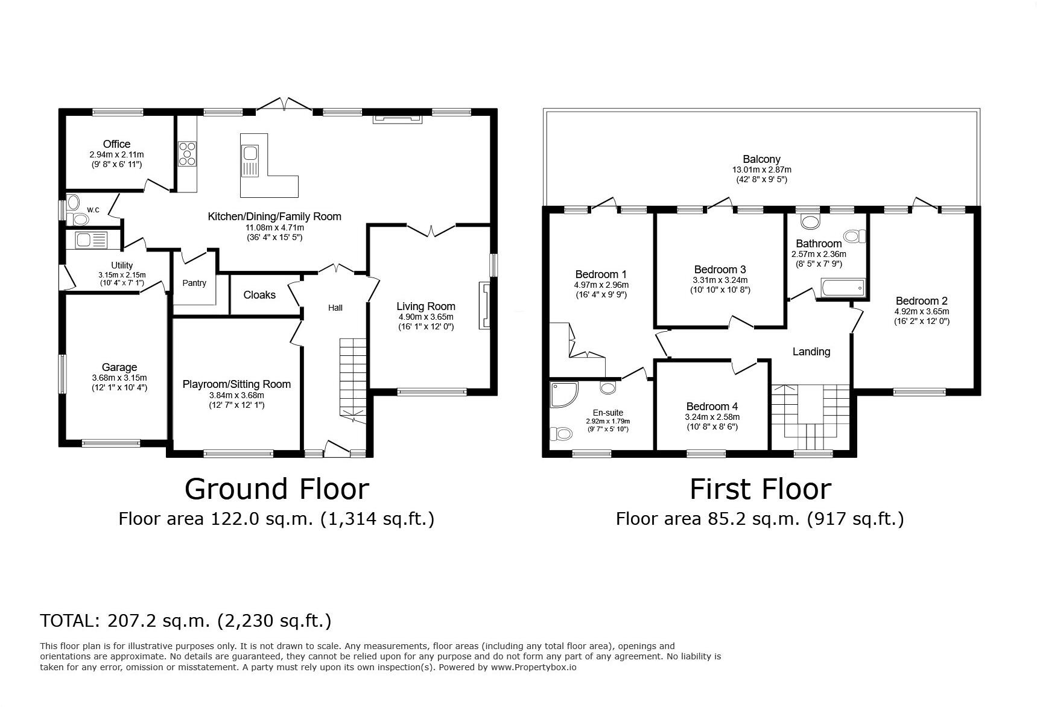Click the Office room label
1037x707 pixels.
116,144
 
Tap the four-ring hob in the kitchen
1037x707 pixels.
187,153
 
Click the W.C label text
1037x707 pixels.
93,210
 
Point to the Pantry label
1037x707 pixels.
194,283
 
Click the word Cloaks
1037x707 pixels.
259,295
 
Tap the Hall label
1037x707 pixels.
335,308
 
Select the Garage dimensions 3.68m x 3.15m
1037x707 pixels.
119,378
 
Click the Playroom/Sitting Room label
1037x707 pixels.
236,384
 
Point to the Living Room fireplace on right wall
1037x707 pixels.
484,305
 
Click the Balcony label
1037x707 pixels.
761,159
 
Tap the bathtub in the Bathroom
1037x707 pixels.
842,288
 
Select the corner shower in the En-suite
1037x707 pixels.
563,393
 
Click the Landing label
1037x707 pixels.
811,352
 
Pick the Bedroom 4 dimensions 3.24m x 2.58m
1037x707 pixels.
712,417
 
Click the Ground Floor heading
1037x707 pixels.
276,489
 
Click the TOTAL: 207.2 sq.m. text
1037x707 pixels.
185,620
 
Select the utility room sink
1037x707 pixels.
90,241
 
